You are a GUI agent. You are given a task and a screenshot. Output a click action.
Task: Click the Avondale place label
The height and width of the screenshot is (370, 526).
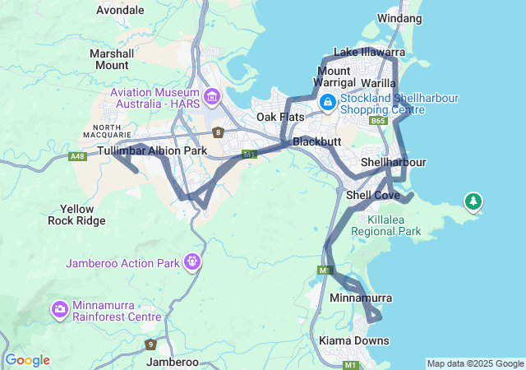pos(120,11)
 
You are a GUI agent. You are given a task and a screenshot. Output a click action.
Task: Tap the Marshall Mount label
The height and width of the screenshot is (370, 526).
pos(111,59)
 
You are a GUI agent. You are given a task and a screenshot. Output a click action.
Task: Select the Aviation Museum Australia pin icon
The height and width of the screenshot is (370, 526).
pos(213,99)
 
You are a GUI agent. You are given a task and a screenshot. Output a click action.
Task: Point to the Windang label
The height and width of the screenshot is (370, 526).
pos(399,18)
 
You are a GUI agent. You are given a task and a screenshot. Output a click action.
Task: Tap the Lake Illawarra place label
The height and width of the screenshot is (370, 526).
pos(369,53)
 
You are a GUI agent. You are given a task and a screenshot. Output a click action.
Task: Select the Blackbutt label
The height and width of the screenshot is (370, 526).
pos(316,141)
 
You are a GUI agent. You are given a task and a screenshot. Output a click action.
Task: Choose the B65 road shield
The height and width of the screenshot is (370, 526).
pos(378,121)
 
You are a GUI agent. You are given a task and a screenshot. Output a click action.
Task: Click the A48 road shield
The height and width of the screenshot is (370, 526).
pos(78,156)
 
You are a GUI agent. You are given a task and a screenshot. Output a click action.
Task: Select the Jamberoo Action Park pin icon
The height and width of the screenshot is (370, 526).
pos(192,262)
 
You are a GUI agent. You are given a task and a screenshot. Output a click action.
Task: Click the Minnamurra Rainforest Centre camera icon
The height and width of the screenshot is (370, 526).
pos(60,310)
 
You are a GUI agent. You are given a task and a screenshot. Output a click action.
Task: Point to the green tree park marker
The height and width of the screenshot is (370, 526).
pos(473,201)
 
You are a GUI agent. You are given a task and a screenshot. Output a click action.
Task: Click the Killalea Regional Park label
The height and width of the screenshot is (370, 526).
pos(386,226)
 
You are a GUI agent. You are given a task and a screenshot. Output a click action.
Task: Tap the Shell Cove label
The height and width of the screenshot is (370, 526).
pos(372,195)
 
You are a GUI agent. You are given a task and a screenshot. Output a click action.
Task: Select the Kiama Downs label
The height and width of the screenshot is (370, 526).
pos(354,340)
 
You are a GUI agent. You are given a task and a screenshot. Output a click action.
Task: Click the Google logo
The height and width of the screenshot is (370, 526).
pos(27,360)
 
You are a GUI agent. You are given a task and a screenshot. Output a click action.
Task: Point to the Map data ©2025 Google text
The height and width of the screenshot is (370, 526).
pos(474,363)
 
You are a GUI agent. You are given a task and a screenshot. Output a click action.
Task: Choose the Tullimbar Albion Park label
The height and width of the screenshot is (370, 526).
pos(152,151)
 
